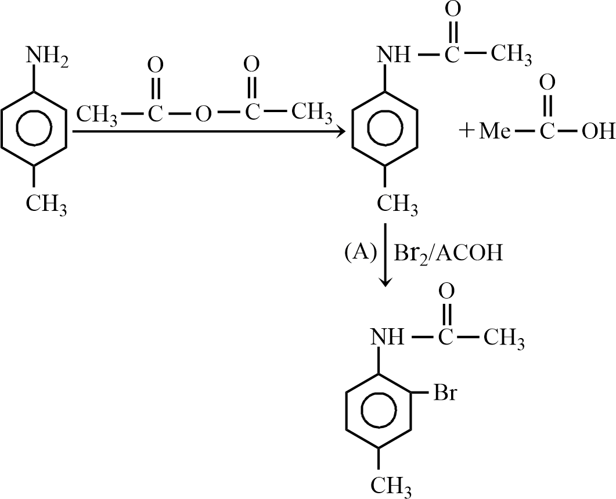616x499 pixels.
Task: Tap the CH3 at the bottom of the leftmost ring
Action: point(46,204)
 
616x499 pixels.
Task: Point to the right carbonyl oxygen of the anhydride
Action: point(251,64)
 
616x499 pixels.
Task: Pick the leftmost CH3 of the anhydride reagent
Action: point(96,115)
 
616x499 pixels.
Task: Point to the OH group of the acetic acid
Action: point(598,132)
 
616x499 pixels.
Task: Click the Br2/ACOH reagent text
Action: point(448,253)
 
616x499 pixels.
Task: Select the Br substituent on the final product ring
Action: point(445,393)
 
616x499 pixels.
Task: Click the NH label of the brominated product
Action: point(387,337)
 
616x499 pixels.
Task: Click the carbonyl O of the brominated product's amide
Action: point(446,292)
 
